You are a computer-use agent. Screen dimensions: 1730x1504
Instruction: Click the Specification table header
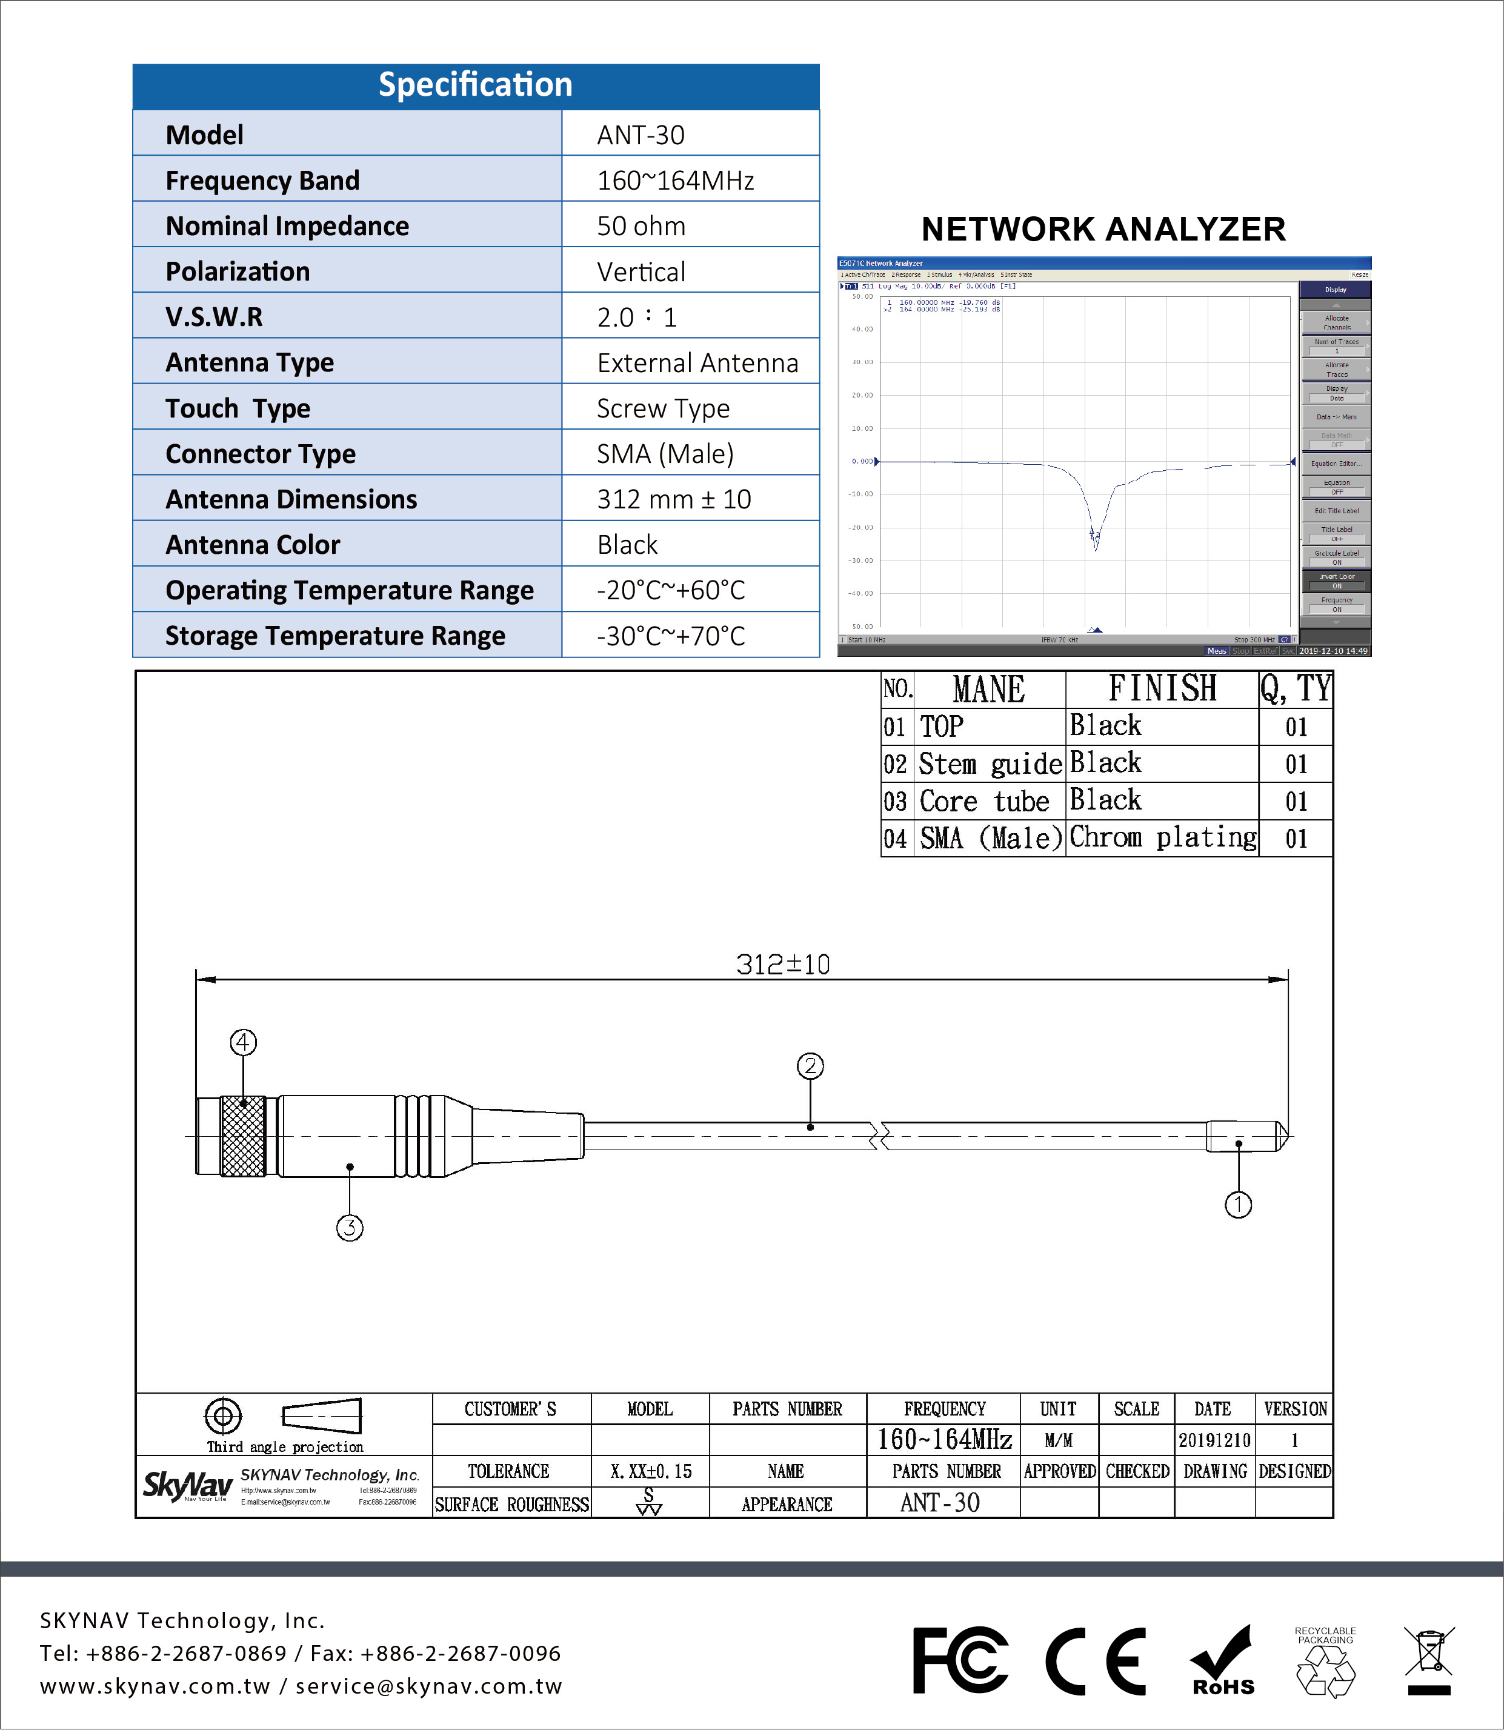point(475,85)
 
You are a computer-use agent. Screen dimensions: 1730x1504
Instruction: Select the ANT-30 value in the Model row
point(641,135)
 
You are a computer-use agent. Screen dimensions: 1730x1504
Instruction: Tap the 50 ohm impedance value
point(641,226)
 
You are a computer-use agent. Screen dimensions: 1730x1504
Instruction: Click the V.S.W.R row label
point(214,318)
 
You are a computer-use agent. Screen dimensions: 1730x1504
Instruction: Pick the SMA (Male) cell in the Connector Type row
point(665,454)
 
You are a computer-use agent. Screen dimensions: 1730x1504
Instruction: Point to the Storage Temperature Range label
point(335,636)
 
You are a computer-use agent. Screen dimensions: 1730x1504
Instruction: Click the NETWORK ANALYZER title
point(1103,229)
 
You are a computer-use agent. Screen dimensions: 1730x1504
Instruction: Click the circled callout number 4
point(244,1042)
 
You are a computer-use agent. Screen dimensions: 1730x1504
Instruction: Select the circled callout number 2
point(810,1066)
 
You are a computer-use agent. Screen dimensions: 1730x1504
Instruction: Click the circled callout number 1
point(1238,1205)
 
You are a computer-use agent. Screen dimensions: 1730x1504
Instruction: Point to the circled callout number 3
point(350,1228)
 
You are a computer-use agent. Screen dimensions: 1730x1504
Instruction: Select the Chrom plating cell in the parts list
point(1162,837)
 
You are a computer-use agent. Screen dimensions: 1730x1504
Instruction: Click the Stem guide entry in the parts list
point(990,764)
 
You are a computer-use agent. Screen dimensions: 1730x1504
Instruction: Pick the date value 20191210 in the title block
point(1214,1440)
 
